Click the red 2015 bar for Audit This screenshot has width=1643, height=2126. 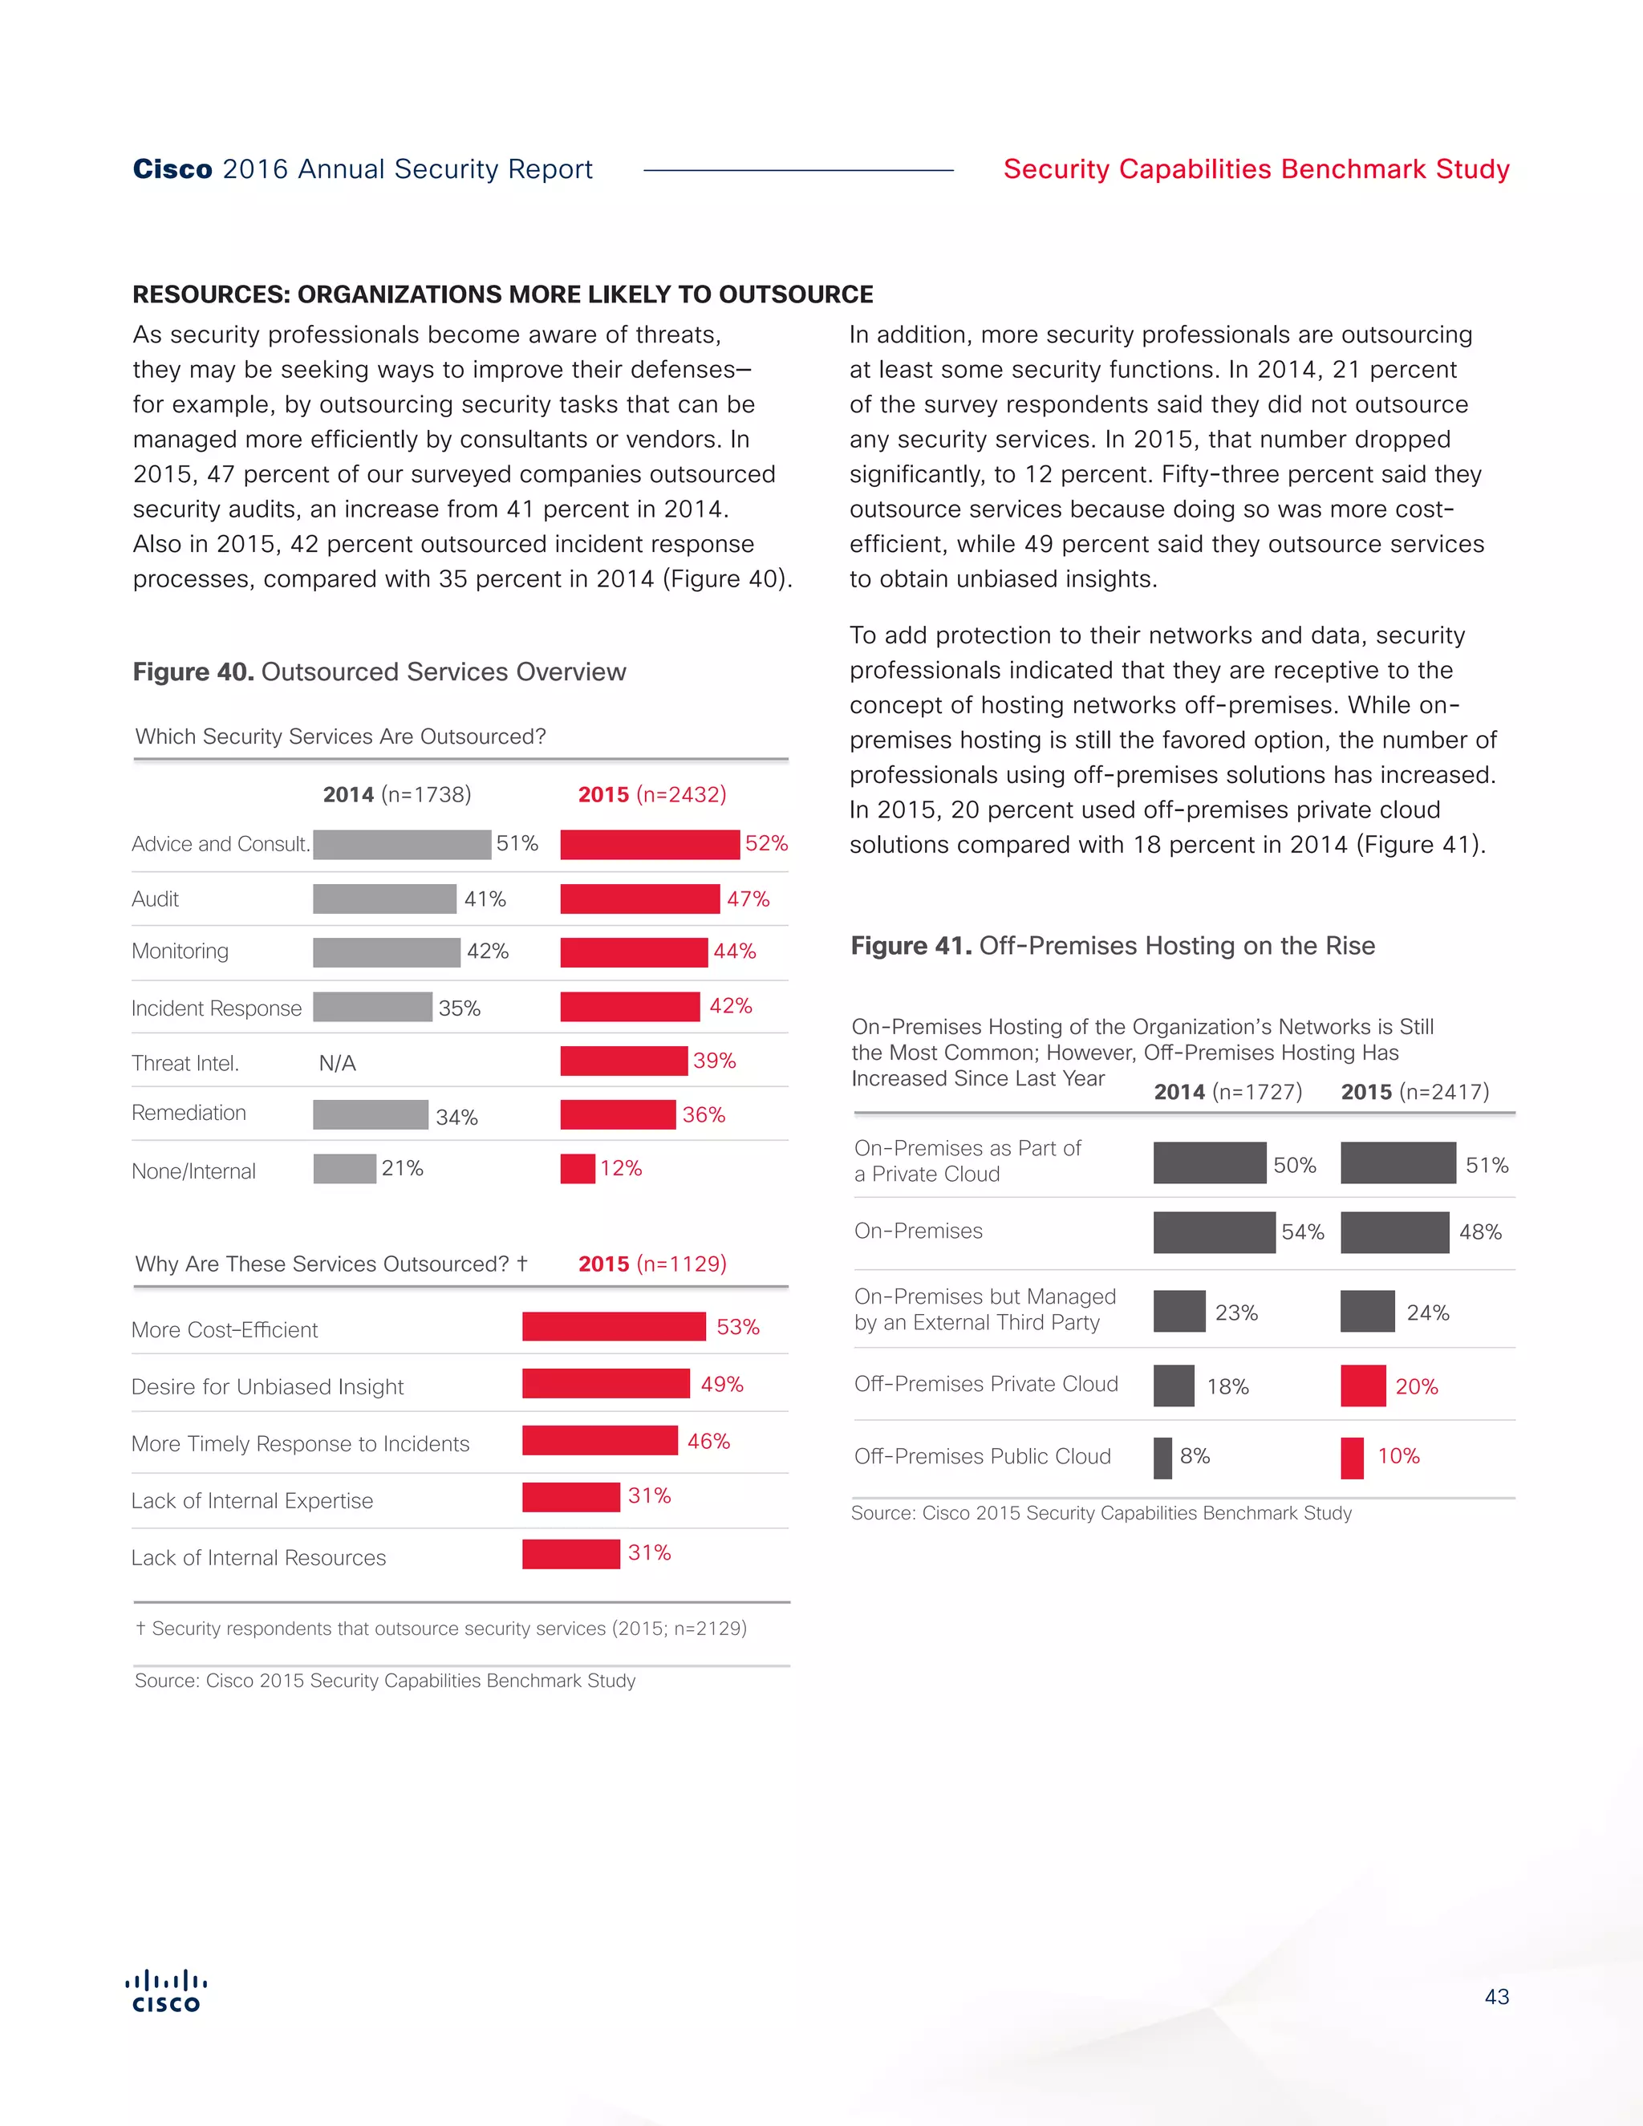click(x=639, y=899)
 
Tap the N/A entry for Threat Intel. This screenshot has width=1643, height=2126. click(x=337, y=1063)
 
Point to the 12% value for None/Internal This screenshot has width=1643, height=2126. click(x=620, y=1168)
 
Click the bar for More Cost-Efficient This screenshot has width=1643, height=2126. click(x=613, y=1326)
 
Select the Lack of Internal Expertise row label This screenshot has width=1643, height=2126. click(x=252, y=1500)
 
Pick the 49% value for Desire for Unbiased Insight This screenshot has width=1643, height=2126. click(x=721, y=1383)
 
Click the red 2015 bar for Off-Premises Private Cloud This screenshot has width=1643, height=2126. click(x=1363, y=1386)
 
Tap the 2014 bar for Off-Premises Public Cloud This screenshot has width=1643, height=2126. click(x=1162, y=1457)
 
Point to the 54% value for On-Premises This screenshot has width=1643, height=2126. click(x=1302, y=1231)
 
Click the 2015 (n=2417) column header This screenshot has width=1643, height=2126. click(x=1414, y=1091)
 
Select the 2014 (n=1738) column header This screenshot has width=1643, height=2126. click(x=397, y=794)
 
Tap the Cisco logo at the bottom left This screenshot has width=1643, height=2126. click(x=166, y=1990)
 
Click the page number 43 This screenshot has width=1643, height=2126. click(x=1496, y=1997)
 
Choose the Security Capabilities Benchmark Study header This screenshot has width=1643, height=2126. click(x=1256, y=169)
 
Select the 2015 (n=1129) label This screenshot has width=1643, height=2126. click(x=652, y=1264)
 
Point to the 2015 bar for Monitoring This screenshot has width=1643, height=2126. click(x=634, y=952)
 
